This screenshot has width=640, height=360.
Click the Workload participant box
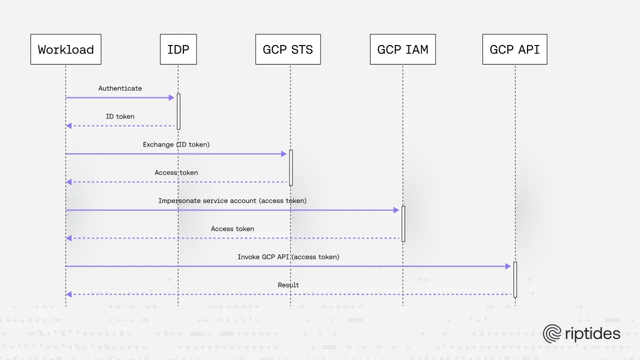coord(65,49)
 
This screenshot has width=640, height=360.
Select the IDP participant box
coord(178,49)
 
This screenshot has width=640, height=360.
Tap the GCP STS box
coord(288,49)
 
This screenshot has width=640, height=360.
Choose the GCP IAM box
coord(402,49)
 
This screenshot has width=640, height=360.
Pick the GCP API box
coord(514,49)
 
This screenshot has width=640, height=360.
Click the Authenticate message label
coord(120,88)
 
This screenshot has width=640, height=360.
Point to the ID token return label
coord(120,116)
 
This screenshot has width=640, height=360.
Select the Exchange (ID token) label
coord(176,144)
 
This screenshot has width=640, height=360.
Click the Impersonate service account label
coord(232,200)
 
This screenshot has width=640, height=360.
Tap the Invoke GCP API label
coord(288,257)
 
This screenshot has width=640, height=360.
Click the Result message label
coord(288,285)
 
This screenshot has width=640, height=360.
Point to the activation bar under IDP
coord(178,111)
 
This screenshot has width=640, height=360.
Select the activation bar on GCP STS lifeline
coord(290,167)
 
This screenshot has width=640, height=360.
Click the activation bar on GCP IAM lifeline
coord(403,224)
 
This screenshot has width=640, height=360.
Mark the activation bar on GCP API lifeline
coord(515,279)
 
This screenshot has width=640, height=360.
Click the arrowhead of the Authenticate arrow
coord(171,97)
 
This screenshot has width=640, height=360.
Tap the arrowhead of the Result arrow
coord(69,294)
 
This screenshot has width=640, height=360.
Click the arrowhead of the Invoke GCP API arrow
coord(508,266)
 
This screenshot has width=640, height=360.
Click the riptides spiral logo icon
coord(552,333)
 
